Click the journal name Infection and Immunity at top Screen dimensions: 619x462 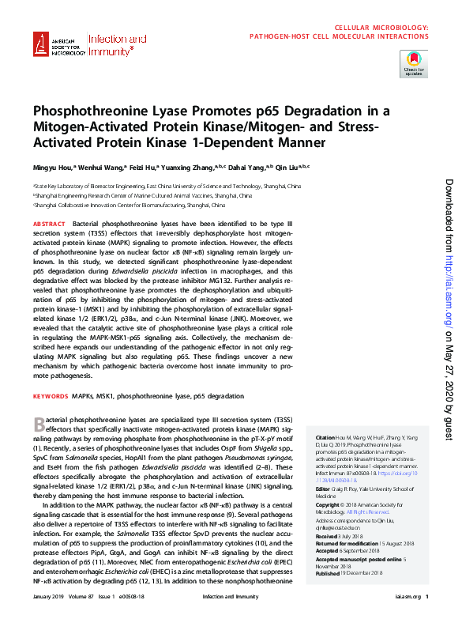point(117,45)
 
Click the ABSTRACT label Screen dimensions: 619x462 point(49,225)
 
